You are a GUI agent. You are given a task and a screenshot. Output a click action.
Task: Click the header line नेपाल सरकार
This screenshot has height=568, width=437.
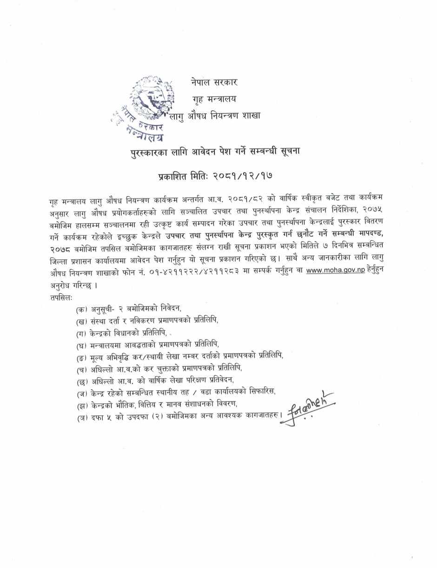(214, 83)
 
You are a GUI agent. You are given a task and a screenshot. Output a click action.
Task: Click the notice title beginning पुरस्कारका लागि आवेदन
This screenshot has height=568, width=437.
(215, 151)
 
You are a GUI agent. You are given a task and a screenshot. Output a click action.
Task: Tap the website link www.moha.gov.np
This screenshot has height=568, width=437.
(335, 271)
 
